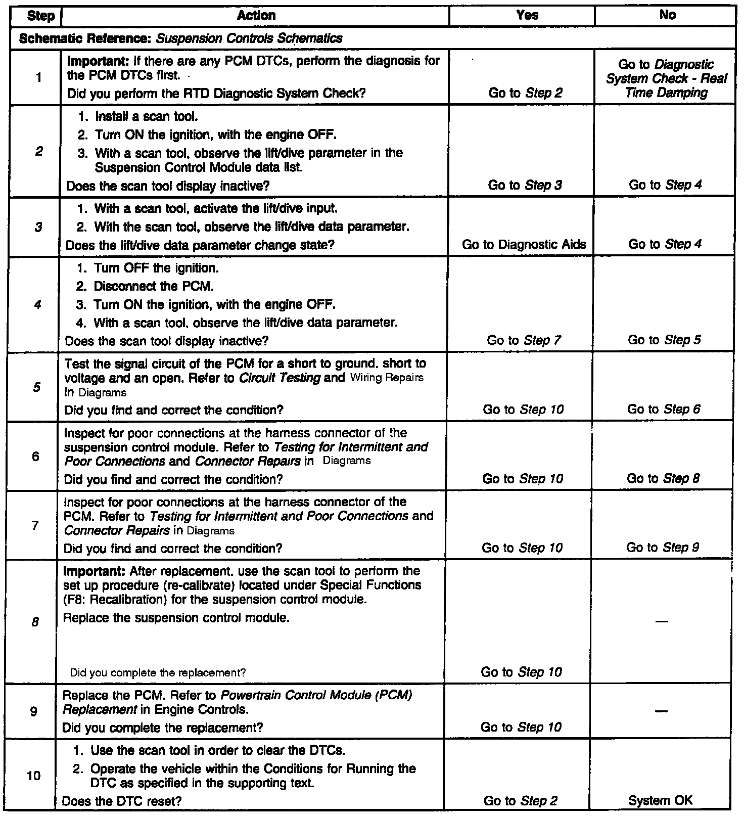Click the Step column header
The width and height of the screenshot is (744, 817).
coord(40,16)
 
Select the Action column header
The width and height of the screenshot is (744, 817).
coord(256,16)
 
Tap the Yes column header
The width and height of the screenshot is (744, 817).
coord(527,16)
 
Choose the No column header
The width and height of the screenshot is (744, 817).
coord(667,15)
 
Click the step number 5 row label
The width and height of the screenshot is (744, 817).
coord(37,387)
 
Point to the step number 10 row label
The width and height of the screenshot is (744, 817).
coord(33,776)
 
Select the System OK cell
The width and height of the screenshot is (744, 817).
coord(660,800)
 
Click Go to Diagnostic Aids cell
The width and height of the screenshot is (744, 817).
coord(524,245)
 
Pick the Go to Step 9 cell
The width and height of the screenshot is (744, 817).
coord(663,548)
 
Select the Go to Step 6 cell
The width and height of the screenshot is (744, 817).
coord(664,410)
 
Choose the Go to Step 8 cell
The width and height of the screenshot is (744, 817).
coord(663,479)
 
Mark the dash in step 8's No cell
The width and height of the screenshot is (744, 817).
coord(662,621)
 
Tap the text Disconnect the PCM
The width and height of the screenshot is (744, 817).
coord(153,287)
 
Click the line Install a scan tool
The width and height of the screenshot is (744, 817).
coord(146,117)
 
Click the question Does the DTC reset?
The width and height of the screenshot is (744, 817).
coord(121,801)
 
